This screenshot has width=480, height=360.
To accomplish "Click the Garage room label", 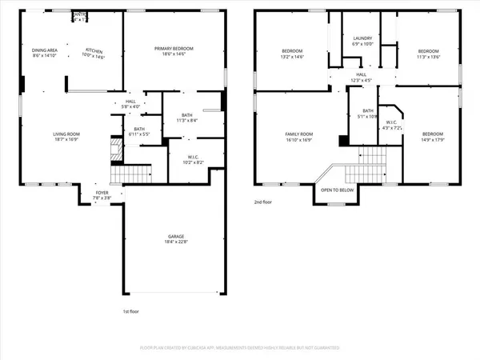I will (x=176, y=236).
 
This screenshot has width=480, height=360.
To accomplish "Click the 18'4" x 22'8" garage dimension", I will (x=176, y=242).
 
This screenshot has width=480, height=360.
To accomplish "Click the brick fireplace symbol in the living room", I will (x=111, y=146).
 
